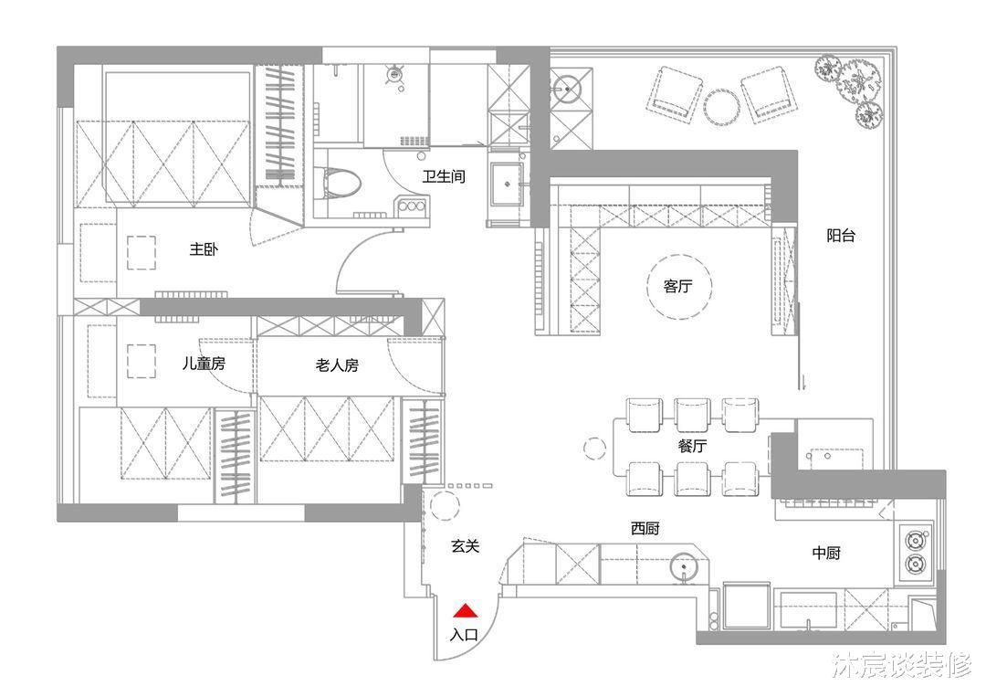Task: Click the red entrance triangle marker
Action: click(x=466, y=610)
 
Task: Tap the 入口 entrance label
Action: click(x=464, y=635)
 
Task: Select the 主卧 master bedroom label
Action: click(x=204, y=249)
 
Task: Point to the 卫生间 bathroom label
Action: click(x=444, y=176)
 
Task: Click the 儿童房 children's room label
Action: click(x=204, y=363)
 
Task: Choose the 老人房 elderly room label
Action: click(x=337, y=364)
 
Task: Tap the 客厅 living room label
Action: click(x=677, y=286)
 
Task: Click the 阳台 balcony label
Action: click(x=841, y=236)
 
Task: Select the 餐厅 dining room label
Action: click(x=692, y=446)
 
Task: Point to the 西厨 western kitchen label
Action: click(x=645, y=528)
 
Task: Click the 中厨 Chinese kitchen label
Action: click(x=826, y=553)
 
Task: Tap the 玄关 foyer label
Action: click(x=466, y=546)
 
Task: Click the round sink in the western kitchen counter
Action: click(x=684, y=567)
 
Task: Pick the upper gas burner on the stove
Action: click(x=914, y=541)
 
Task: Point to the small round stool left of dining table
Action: click(x=594, y=449)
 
